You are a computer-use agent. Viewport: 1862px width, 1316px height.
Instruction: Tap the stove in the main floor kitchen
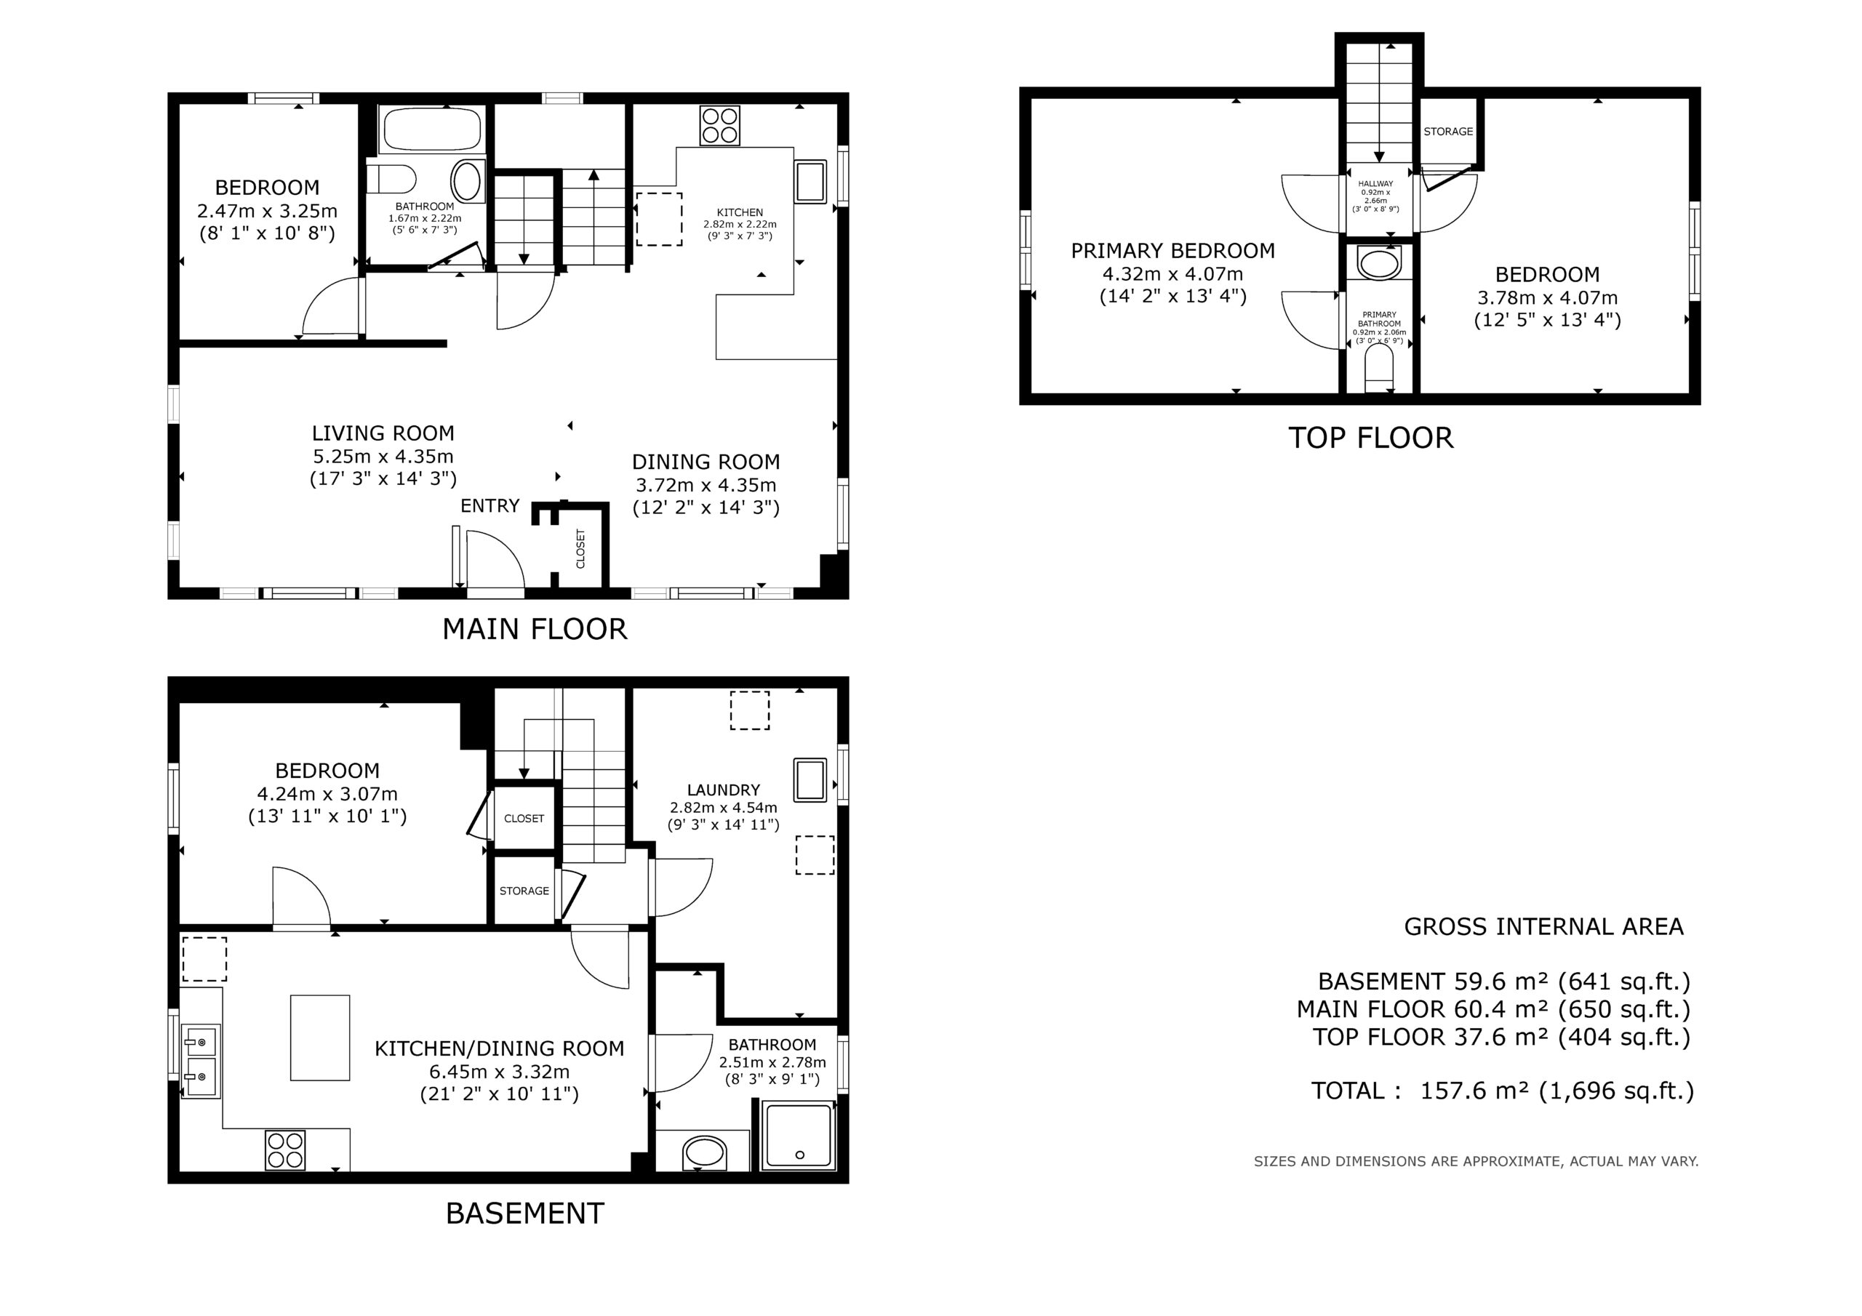pos(719,126)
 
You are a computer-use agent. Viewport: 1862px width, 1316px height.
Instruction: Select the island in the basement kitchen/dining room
pos(320,1038)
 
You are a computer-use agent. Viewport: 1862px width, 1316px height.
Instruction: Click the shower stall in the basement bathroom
pos(798,1135)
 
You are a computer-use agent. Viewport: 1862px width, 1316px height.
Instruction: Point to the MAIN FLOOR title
pos(535,629)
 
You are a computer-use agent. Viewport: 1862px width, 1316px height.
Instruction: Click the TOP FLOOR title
pos(1370,438)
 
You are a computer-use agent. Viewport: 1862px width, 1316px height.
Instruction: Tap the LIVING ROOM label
pos(383,433)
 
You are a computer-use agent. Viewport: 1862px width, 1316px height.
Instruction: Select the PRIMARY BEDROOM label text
pos(1172,251)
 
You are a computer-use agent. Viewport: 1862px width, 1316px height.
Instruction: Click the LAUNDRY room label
pos(724,790)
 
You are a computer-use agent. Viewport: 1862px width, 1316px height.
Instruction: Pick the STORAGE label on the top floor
pos(1448,132)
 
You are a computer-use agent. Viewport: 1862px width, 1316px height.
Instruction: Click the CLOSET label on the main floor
pos(580,549)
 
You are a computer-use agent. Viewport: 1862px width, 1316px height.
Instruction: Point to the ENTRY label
pos(490,506)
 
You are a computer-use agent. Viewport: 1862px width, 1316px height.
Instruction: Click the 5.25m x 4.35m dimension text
pos(383,457)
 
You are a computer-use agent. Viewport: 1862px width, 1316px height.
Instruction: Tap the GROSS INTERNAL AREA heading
pos(1543,927)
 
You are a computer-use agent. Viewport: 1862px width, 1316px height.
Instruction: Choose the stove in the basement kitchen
pos(285,1150)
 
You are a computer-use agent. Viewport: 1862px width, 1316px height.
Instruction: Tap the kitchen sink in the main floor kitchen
pos(810,182)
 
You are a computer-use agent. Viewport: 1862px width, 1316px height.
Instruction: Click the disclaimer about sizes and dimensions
pos(1476,1161)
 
